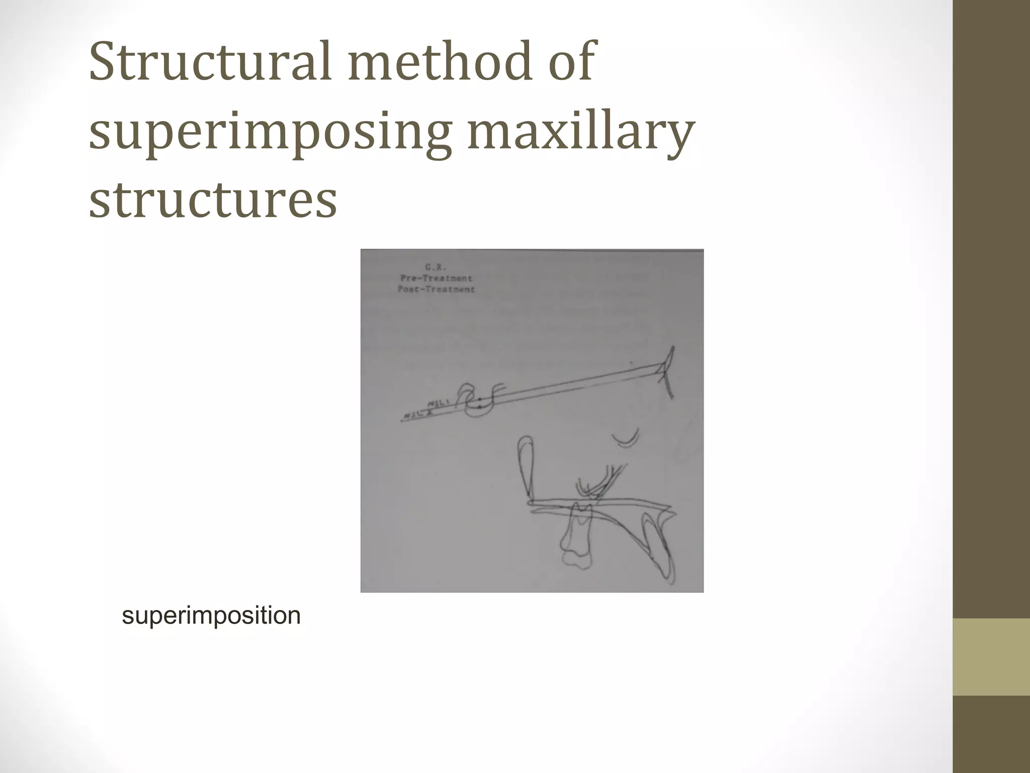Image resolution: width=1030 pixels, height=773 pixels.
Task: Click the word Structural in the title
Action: coord(209,63)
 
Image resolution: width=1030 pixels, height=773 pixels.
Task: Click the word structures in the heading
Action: coord(213,200)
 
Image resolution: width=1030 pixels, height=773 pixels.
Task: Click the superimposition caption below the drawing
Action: coord(211,615)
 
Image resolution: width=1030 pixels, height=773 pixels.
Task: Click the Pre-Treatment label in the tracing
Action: coord(436,278)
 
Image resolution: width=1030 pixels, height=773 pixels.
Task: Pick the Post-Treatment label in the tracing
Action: coord(436,289)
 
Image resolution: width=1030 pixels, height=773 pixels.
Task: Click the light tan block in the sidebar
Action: coord(991,657)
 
